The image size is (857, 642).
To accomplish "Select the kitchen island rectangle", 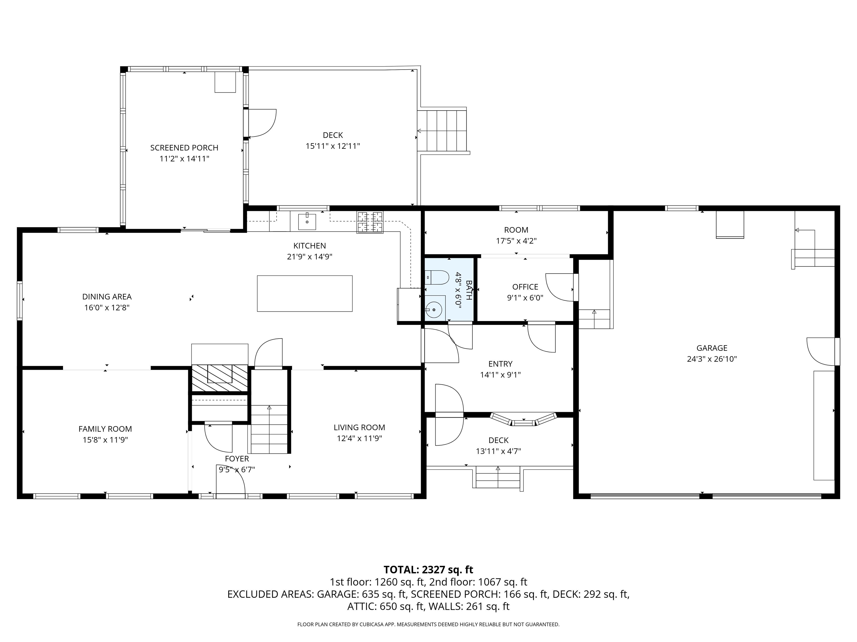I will [305, 293].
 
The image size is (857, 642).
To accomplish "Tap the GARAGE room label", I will [712, 348].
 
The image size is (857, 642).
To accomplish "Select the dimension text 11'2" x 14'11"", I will [184, 159].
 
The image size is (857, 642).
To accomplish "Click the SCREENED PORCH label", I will [184, 148].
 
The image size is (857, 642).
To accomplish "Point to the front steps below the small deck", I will [498, 478].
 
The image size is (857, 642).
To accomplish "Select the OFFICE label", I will [525, 287].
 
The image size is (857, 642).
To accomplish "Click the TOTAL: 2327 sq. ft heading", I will [428, 570].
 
